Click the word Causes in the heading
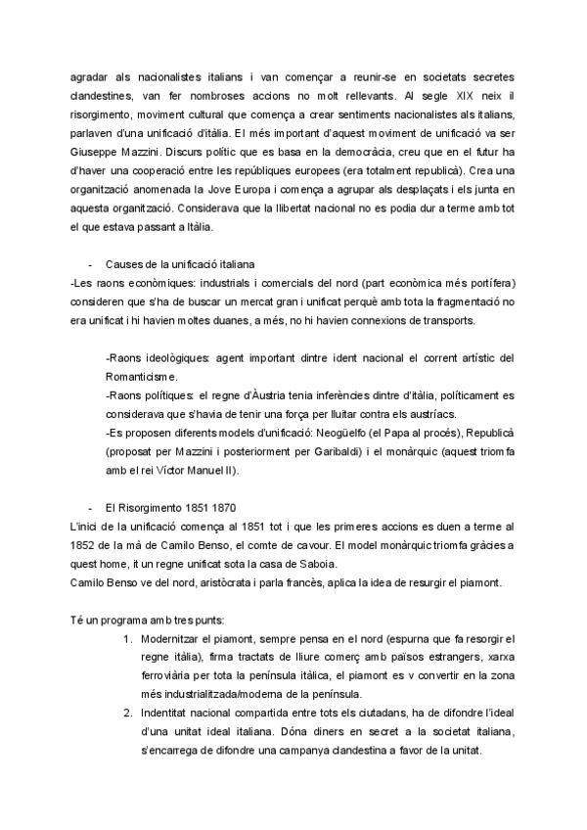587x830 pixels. (x=125, y=263)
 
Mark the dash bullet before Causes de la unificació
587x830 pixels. (x=91, y=263)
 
